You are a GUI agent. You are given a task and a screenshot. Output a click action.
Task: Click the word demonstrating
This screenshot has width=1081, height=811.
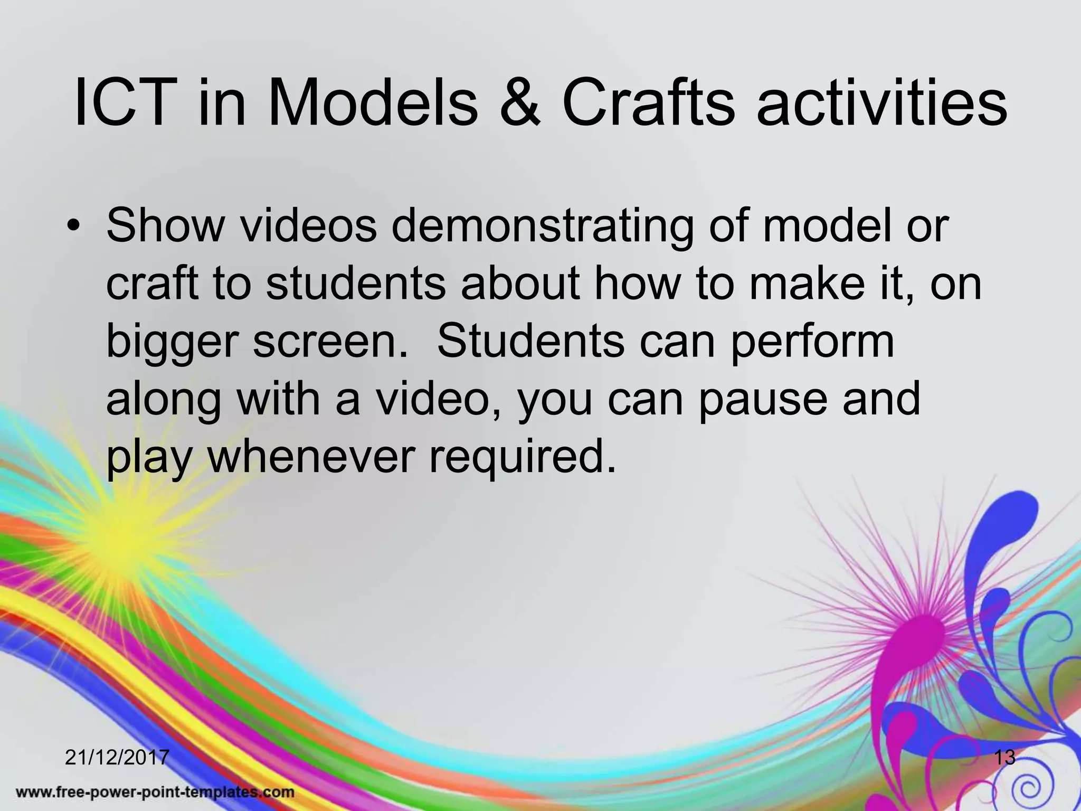coord(540,226)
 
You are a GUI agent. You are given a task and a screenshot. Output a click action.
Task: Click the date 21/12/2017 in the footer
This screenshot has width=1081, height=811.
coord(117,757)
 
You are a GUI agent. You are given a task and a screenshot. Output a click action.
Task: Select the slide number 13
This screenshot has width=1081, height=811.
coord(1004,757)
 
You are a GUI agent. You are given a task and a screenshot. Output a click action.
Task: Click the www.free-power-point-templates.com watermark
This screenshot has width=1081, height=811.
coord(155,792)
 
